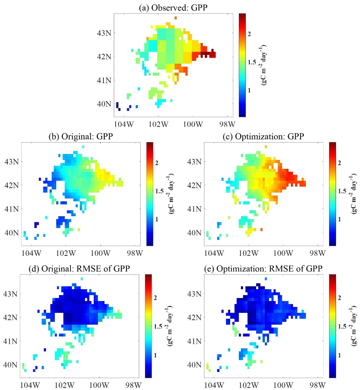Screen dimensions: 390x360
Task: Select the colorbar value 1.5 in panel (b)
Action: coord(158,191)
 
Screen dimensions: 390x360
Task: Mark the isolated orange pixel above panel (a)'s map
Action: coord(176,18)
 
